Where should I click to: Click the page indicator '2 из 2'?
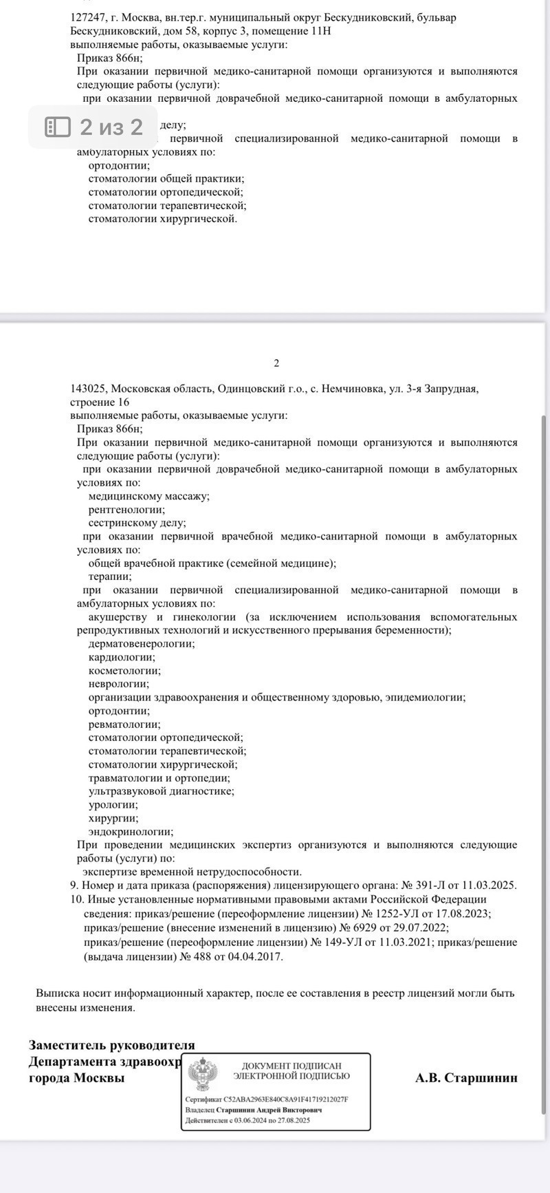click(111, 127)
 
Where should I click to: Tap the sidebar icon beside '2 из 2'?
click(58, 127)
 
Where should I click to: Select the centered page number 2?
click(276, 363)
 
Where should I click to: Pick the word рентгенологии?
click(126, 510)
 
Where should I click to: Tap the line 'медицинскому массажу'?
click(148, 496)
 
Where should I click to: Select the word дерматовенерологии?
click(141, 644)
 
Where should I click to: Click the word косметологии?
click(124, 671)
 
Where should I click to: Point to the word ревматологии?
click(124, 724)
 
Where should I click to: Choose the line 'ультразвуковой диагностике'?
click(161, 791)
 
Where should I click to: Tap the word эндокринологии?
click(130, 832)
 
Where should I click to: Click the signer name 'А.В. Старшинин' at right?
click(466, 1078)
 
